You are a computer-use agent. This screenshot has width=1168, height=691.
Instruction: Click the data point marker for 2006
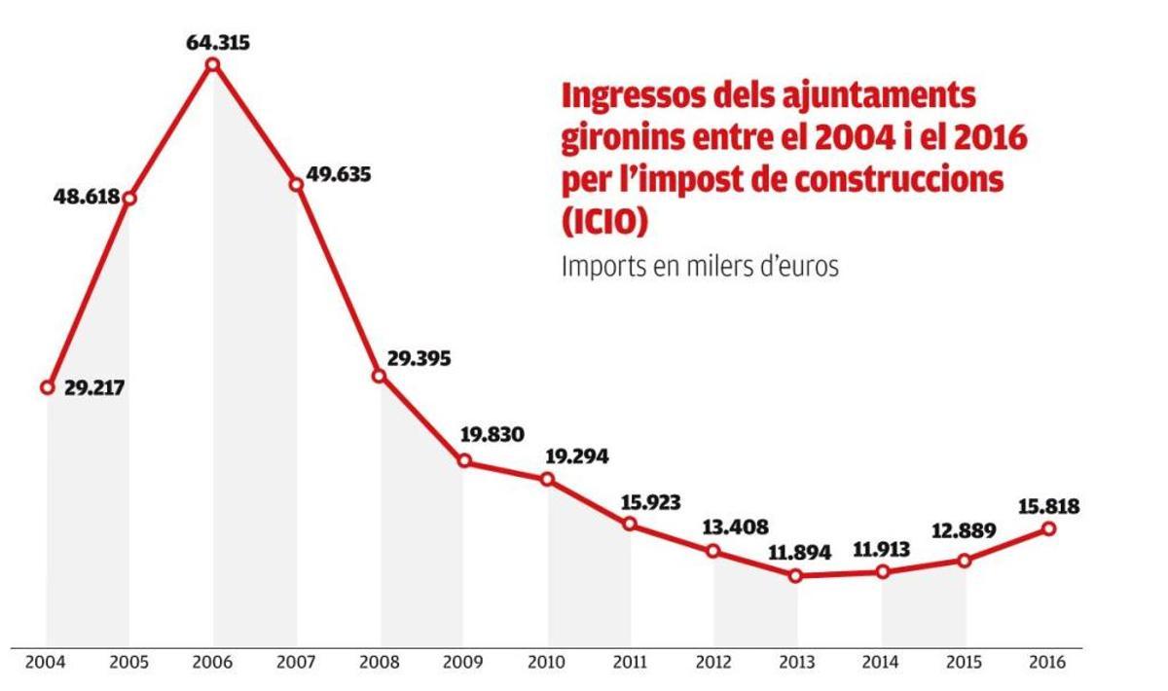[213, 65]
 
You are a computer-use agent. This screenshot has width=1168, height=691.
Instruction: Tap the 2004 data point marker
[47, 387]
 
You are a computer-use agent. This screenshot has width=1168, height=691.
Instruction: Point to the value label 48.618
[86, 197]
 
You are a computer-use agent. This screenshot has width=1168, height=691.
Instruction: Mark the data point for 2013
[796, 575]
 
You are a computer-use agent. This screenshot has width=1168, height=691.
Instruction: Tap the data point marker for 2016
[1048, 528]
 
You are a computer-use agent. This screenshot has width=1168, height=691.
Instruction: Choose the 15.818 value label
[1047, 506]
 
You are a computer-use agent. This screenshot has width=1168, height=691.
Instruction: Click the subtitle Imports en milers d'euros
[699, 267]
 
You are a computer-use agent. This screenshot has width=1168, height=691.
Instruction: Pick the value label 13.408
[736, 527]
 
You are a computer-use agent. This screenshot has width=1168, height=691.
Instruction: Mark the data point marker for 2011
[630, 525]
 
